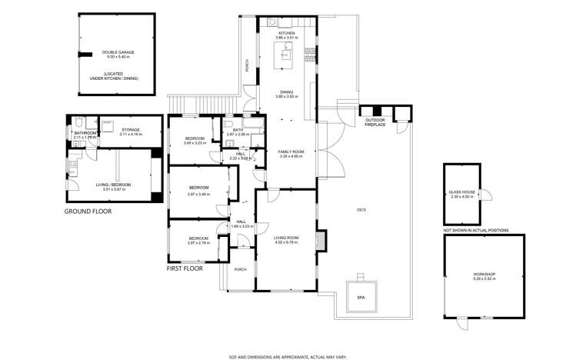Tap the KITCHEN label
[x=286, y=33]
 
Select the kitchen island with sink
[x=286, y=52]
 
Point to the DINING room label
[x=286, y=91]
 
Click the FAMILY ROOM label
[x=291, y=152]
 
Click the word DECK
[x=361, y=209]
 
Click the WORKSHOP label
[x=484, y=275]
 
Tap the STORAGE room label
[x=130, y=129]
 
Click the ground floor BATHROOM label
[x=85, y=133]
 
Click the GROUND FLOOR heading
[x=88, y=211]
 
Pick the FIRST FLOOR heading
[x=190, y=270]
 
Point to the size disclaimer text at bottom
[x=288, y=356]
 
